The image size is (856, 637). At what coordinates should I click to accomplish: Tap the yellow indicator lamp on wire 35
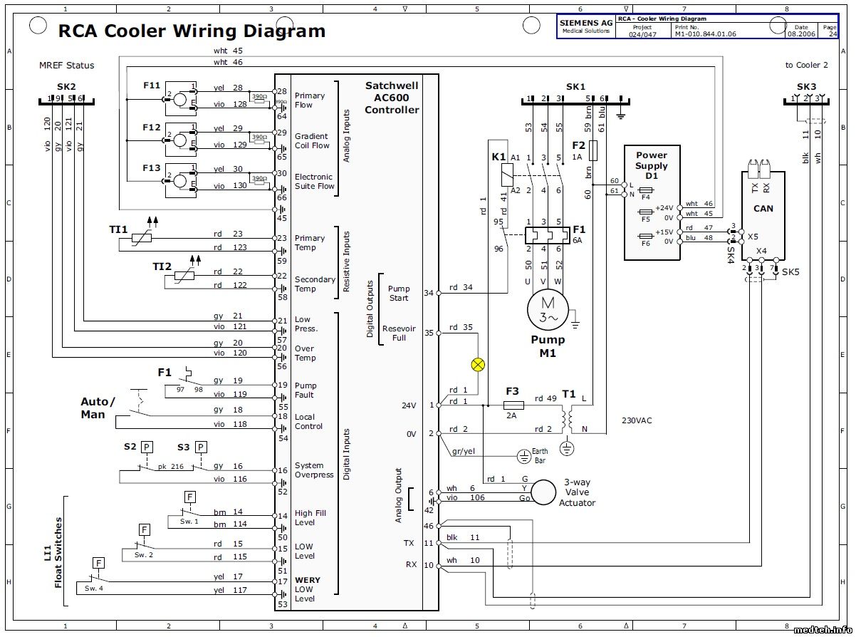point(478,364)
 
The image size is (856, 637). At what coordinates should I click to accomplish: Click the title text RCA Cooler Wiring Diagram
point(192,31)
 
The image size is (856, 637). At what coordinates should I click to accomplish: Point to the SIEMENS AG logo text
point(585,24)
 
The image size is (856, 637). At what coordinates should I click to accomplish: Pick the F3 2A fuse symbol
point(513,405)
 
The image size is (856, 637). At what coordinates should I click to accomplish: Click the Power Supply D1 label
point(651,165)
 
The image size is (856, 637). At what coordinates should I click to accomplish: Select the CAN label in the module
point(763,209)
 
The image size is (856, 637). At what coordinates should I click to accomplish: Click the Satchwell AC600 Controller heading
point(392,98)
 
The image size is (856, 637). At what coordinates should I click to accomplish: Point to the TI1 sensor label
point(118,229)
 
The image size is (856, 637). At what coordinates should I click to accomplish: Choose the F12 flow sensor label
point(151,127)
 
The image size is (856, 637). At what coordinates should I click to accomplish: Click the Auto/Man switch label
point(97,408)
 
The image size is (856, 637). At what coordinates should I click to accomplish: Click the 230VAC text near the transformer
point(636,420)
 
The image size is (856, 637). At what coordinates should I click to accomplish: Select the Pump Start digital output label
point(399,293)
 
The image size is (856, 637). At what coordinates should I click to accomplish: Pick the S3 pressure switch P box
point(201,447)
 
